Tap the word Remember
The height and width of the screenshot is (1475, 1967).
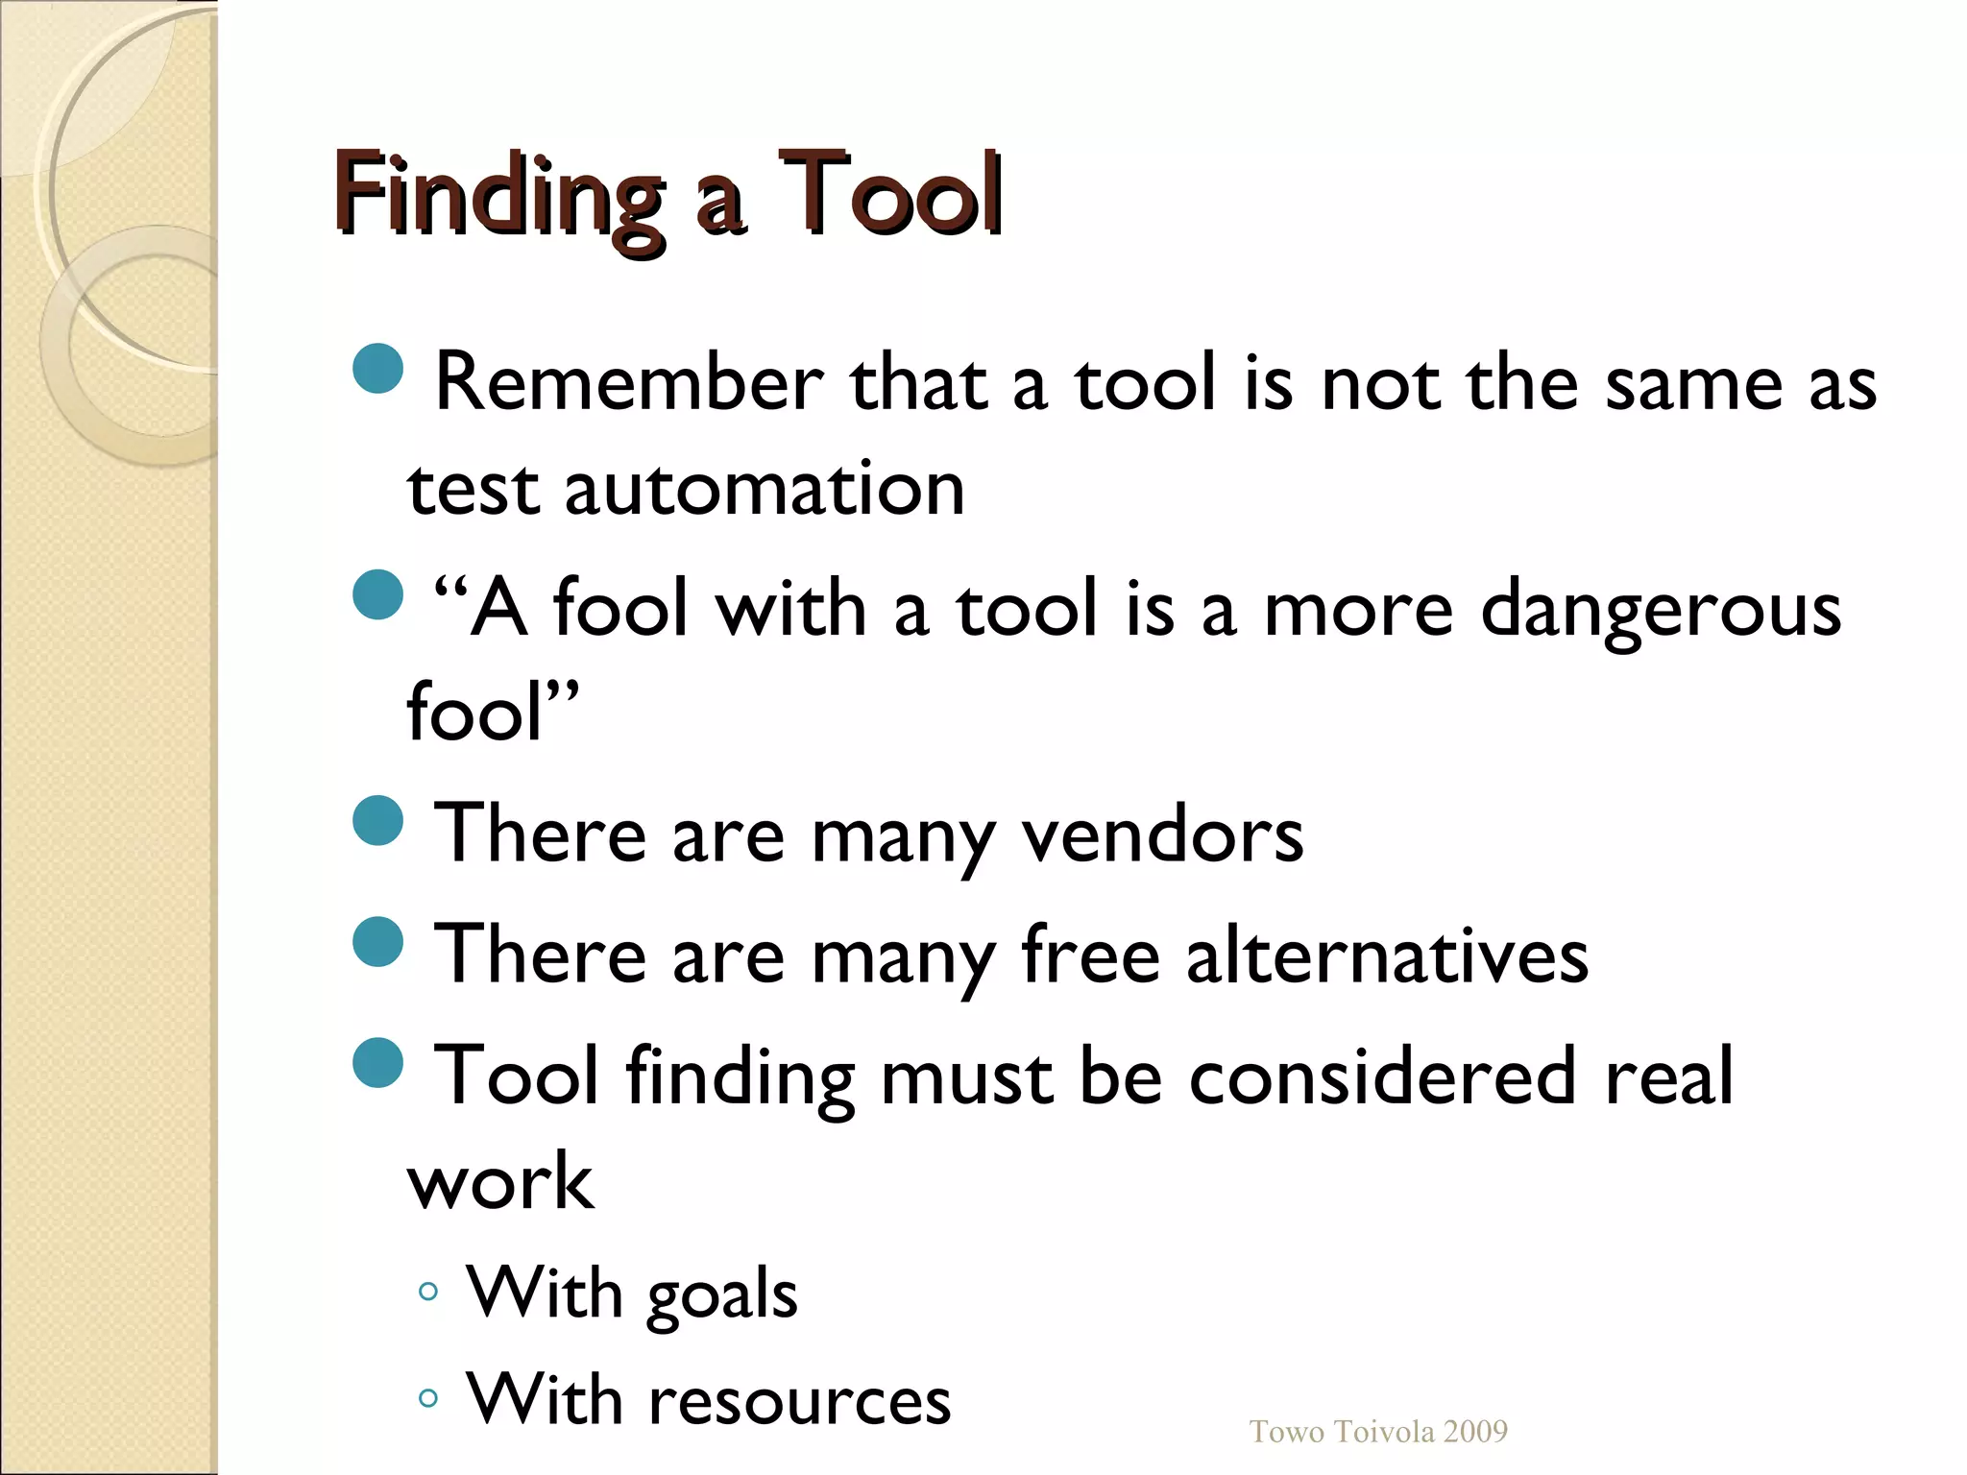point(629,383)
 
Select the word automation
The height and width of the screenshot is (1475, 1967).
point(765,489)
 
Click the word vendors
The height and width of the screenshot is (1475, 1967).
point(1162,834)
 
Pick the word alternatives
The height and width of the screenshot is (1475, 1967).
point(1387,955)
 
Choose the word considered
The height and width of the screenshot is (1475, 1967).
point(1383,1076)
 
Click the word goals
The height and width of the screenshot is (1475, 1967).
point(722,1294)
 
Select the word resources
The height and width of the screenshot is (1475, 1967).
point(799,1399)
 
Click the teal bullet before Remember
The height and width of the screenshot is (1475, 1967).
point(377,368)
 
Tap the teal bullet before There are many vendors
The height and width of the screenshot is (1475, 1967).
point(377,820)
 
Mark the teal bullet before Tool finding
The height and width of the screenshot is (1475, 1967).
point(377,1062)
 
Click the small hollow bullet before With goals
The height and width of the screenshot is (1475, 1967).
point(428,1292)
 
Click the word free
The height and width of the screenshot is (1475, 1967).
point(1090,955)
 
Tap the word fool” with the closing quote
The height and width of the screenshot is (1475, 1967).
point(493,713)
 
